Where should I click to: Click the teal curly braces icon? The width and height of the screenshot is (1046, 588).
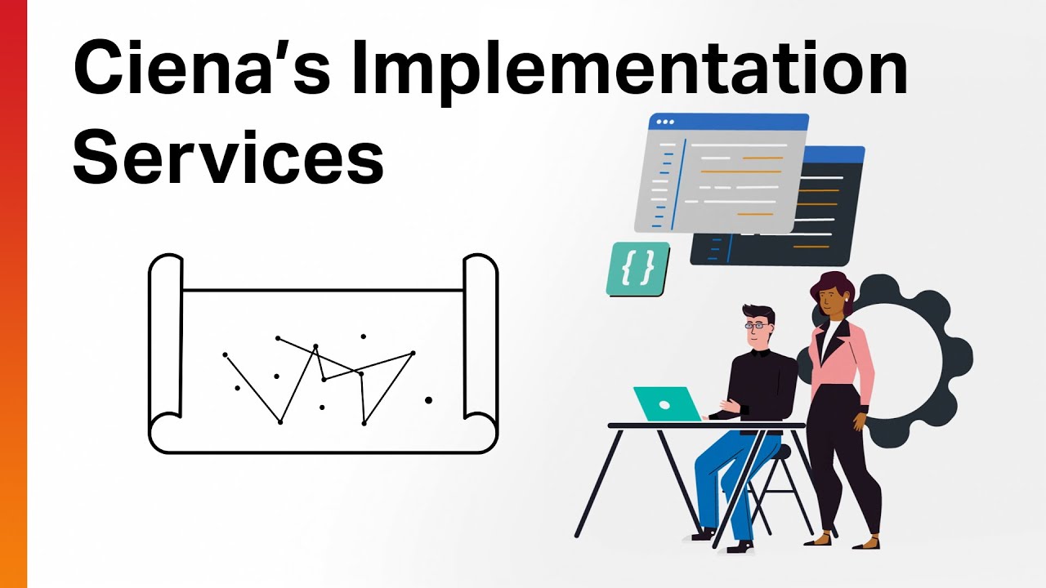(x=637, y=268)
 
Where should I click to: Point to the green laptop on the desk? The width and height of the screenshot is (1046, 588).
(x=666, y=404)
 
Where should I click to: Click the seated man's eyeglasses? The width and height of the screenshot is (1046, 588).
(x=758, y=326)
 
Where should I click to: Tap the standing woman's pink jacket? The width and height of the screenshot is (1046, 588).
(x=850, y=359)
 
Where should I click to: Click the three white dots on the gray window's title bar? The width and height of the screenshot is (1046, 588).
(x=665, y=122)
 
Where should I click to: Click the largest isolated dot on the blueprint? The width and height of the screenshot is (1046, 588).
(x=428, y=400)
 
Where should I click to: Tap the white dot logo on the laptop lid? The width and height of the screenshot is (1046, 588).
(x=664, y=405)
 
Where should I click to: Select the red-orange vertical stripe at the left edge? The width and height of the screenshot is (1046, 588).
(x=13, y=294)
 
